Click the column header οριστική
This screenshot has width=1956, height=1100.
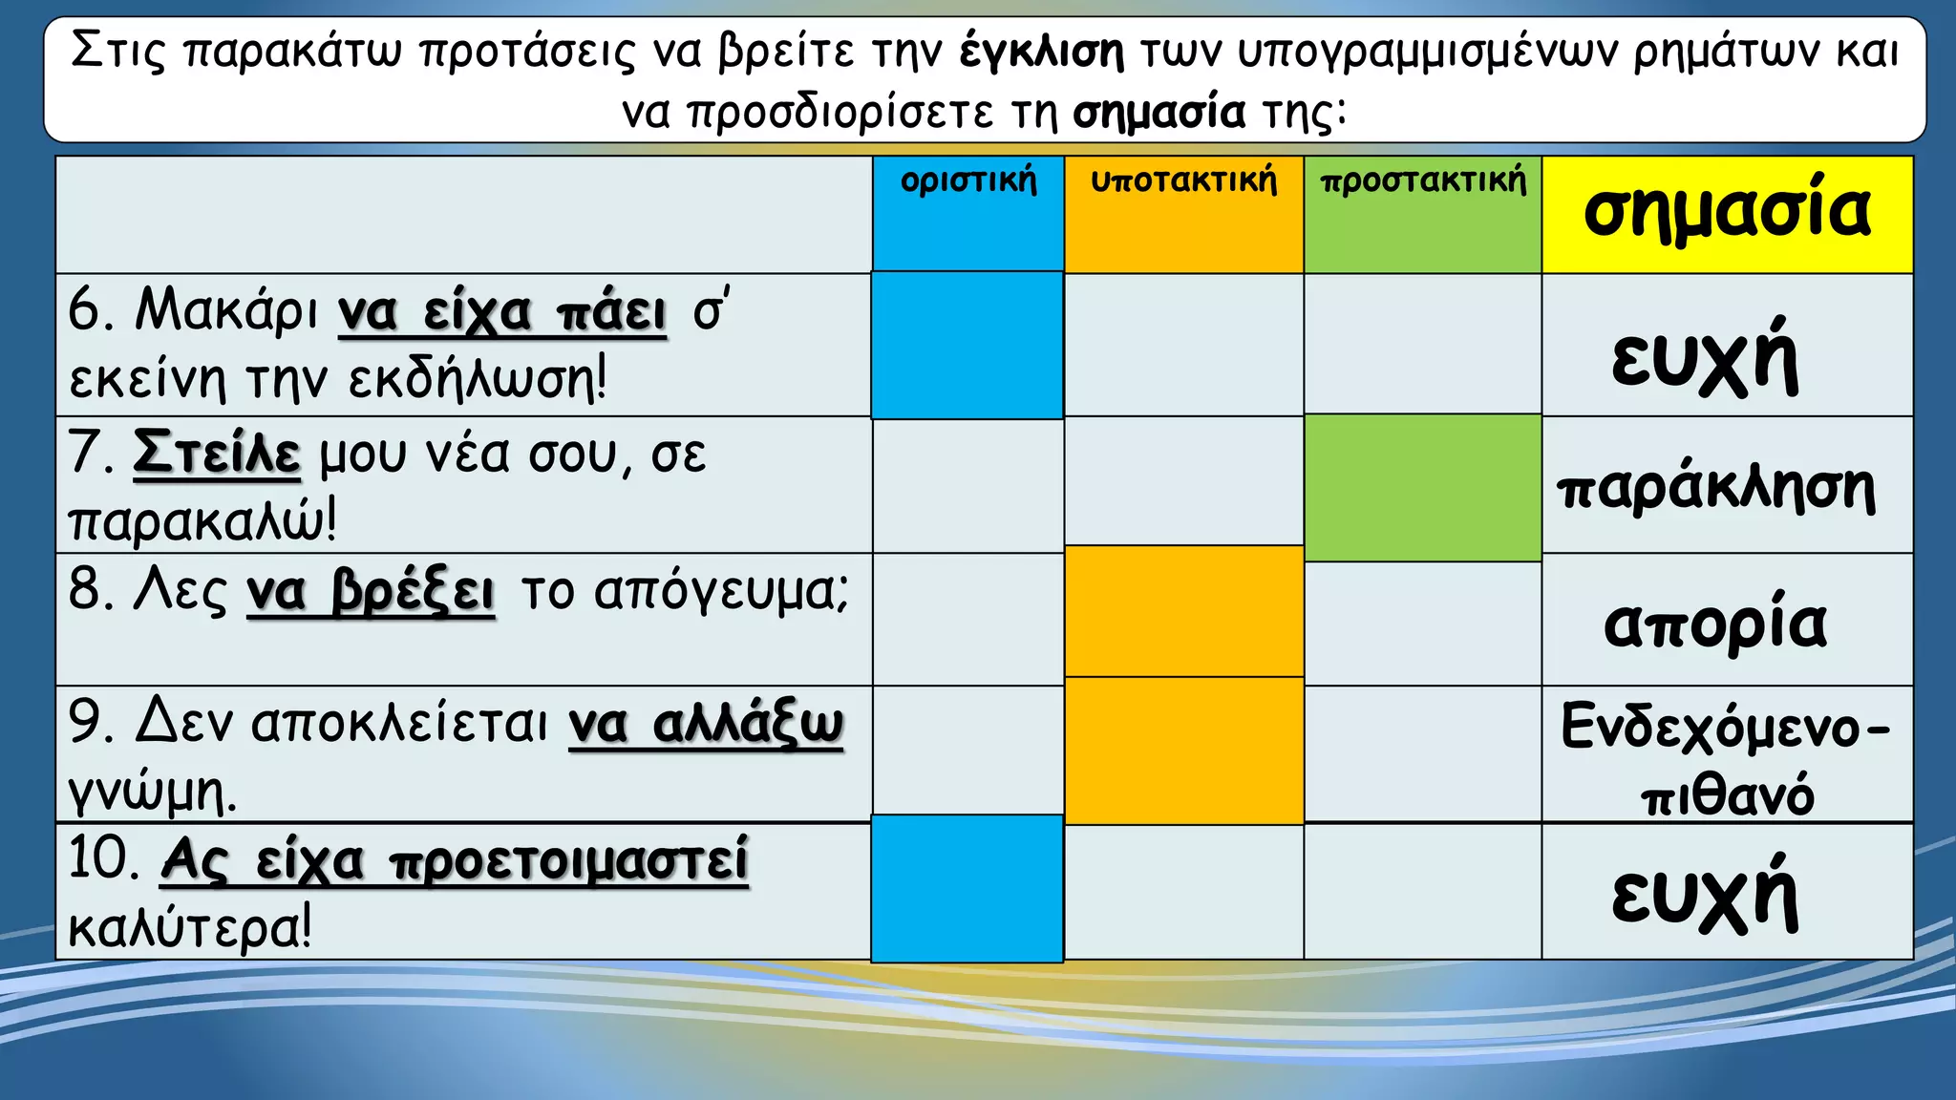[x=968, y=181]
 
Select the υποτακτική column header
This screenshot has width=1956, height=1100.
[x=1183, y=181]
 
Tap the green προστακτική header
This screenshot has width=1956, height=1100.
[x=1423, y=181]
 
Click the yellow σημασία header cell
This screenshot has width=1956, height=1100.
[x=1727, y=213]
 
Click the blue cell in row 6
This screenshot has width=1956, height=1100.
[x=967, y=346]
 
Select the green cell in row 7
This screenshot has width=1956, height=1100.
[x=1423, y=487]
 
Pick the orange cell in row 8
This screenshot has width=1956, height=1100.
[x=1184, y=612]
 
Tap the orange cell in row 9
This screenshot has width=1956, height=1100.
[x=1184, y=751]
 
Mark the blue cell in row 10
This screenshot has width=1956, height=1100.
[x=967, y=888]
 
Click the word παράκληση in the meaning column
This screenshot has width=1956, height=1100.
[x=1716, y=489]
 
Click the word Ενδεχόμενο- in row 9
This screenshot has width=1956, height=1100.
[x=1725, y=728]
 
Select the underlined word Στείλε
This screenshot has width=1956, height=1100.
[x=217, y=454]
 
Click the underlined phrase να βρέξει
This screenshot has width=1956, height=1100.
[x=371, y=592]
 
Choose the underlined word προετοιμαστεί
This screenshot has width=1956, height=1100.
[x=568, y=861]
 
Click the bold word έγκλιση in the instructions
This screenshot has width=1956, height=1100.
[x=1042, y=52]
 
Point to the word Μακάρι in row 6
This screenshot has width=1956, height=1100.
[x=226, y=311]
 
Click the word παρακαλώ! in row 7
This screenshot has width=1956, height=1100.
[x=202, y=521]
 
